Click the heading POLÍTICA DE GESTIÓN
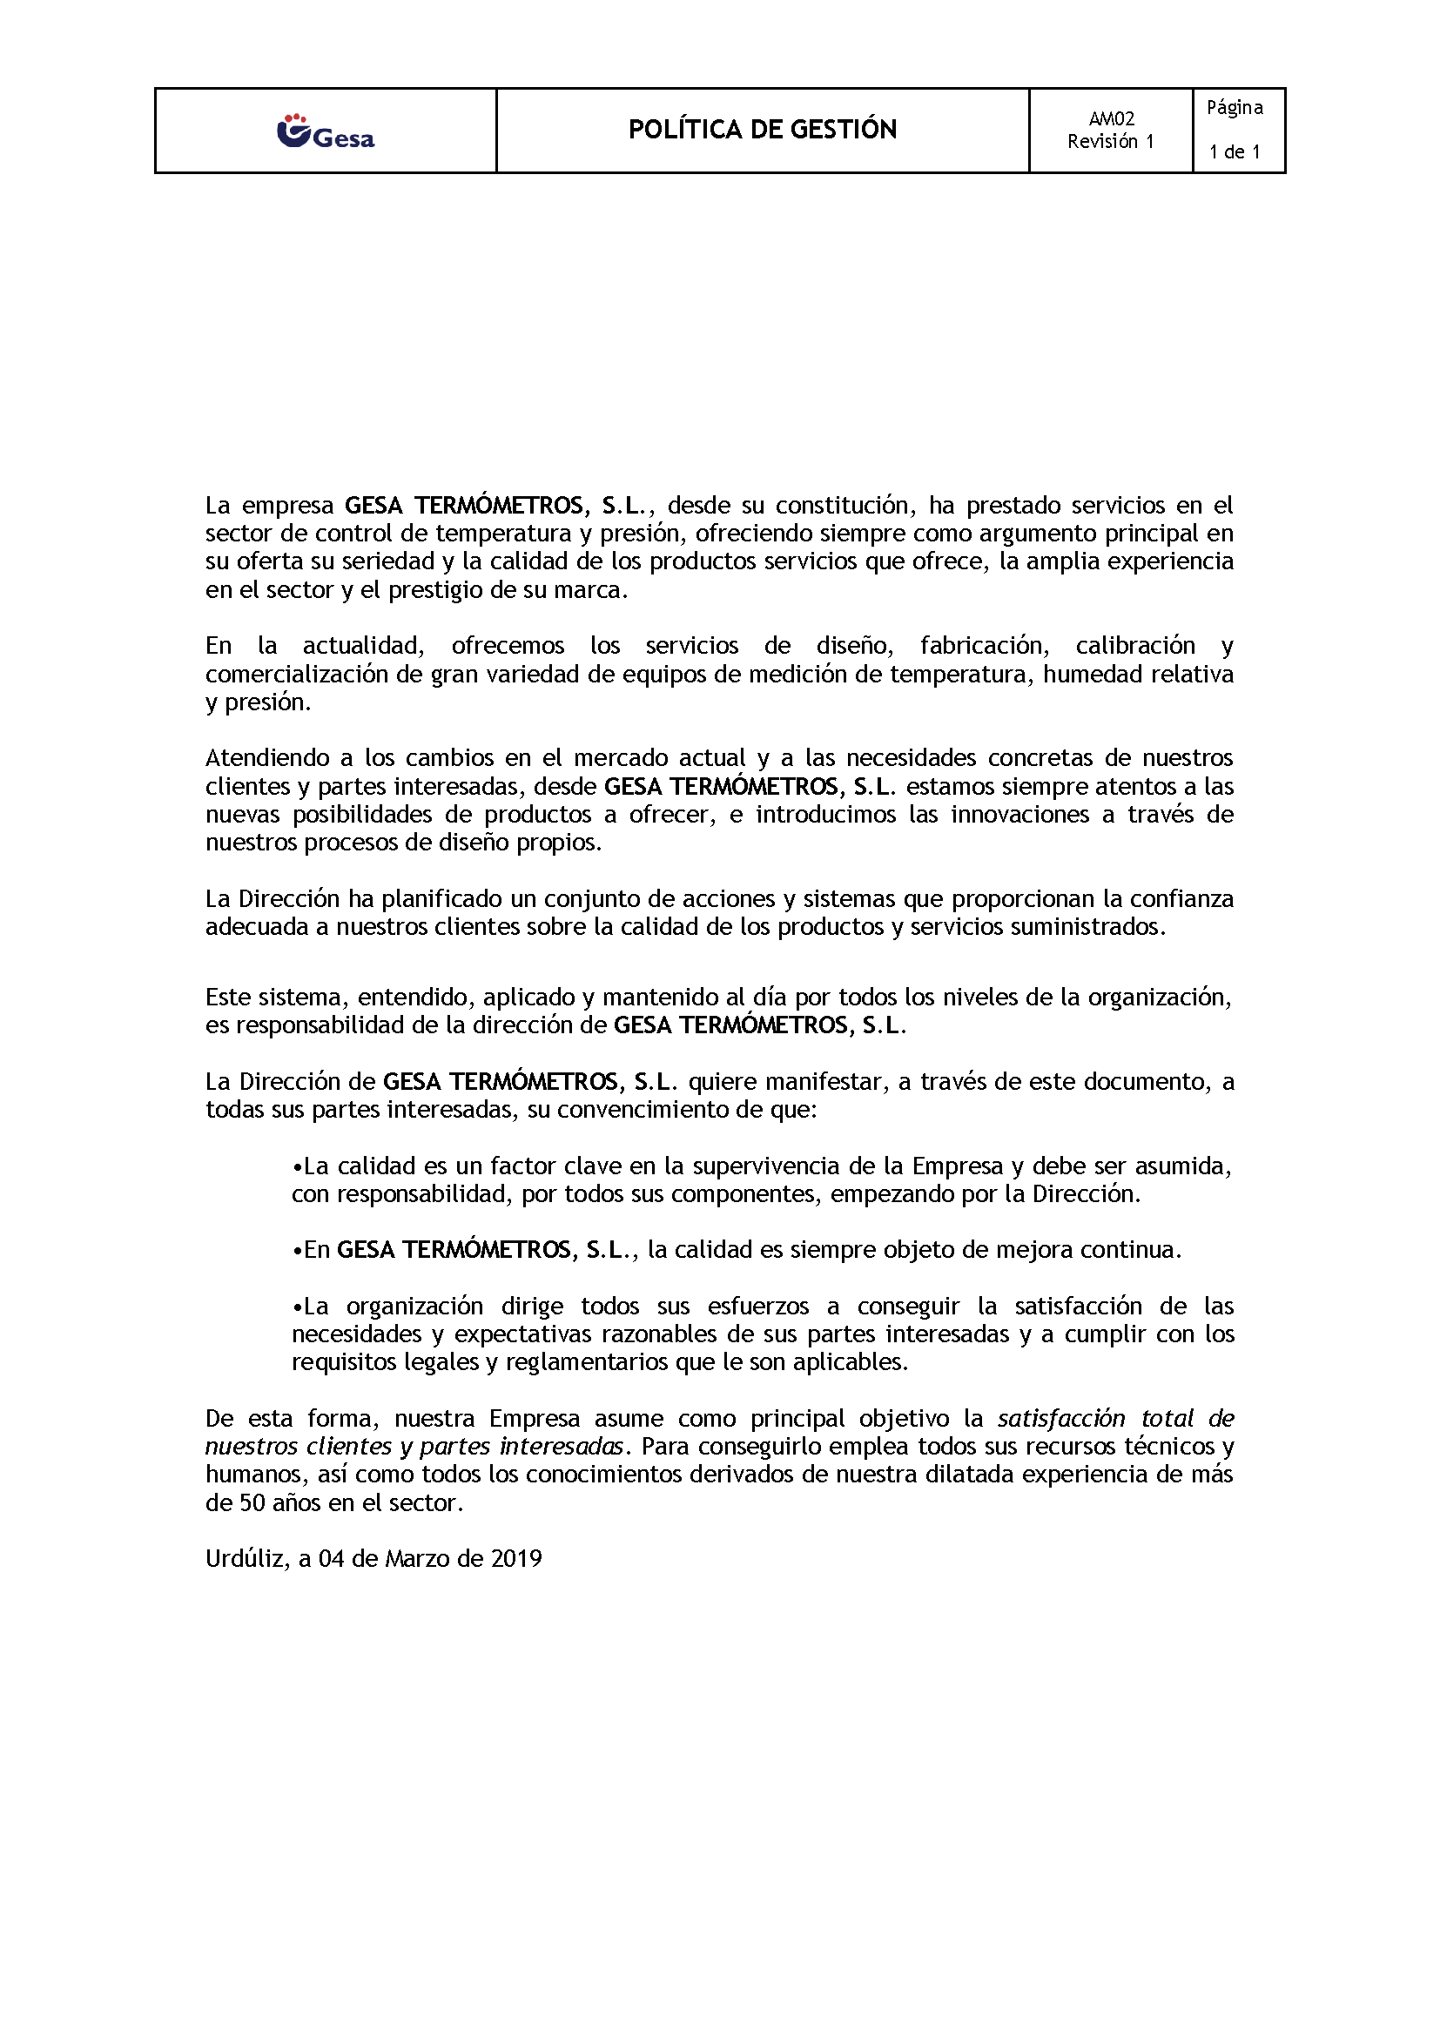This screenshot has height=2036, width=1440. (x=763, y=130)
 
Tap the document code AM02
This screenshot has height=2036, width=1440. (x=1111, y=119)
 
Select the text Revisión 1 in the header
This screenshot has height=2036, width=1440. (x=1111, y=142)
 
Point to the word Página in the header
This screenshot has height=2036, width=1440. (x=1235, y=108)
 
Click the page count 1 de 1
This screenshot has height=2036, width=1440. (x=1235, y=152)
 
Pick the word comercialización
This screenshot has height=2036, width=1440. (x=297, y=675)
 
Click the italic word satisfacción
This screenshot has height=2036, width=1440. (x=1062, y=1419)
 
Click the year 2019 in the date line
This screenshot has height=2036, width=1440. (x=516, y=1559)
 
